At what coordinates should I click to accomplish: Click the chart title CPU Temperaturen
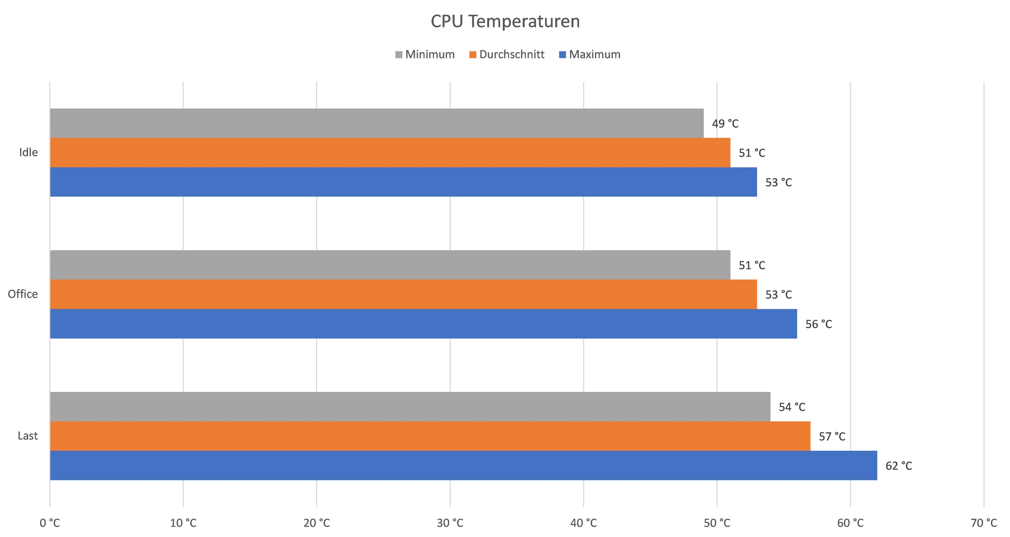click(505, 22)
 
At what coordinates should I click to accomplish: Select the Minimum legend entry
click(425, 55)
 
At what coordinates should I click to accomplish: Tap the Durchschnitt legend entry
click(507, 55)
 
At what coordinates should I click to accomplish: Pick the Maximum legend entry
click(590, 55)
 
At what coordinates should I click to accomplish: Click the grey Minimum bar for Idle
click(377, 123)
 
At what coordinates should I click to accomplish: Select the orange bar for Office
click(403, 294)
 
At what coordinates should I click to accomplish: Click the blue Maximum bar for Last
click(463, 465)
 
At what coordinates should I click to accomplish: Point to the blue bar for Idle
click(403, 182)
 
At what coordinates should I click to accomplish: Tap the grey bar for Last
click(410, 406)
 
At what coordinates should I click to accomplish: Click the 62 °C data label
click(898, 466)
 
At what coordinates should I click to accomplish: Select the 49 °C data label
click(725, 124)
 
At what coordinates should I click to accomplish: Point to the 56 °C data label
click(819, 324)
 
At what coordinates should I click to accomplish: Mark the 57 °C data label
click(832, 437)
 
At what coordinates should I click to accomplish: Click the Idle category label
click(28, 153)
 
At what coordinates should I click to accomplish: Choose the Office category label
click(23, 294)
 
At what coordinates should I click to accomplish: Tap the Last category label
click(27, 435)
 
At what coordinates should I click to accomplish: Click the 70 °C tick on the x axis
click(984, 523)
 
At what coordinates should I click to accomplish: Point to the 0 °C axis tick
click(50, 523)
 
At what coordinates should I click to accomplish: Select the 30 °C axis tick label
click(450, 523)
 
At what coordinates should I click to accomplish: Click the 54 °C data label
click(792, 407)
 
